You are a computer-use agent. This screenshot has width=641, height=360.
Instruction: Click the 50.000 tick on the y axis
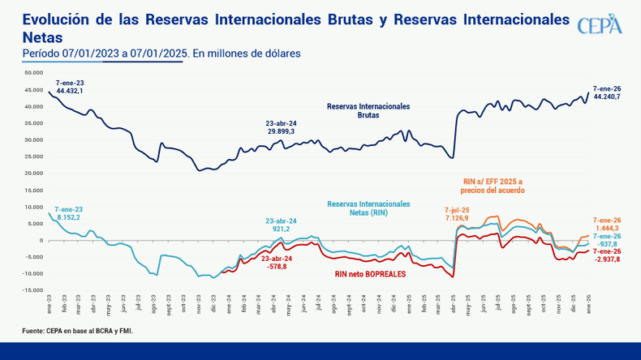pos(33,72)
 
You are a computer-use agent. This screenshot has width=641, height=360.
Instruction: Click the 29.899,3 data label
pos(282,131)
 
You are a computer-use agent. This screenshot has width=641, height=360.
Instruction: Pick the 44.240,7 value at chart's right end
pos(607,96)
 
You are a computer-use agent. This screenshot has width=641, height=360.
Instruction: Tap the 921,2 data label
pos(281,229)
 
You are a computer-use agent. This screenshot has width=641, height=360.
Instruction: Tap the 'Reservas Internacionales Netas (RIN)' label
pos(368,209)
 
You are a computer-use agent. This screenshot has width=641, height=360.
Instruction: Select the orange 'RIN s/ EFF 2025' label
pos(494,180)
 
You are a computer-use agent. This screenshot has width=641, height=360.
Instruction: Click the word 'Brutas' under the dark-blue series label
pos(368,115)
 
